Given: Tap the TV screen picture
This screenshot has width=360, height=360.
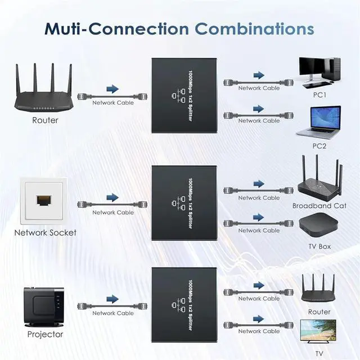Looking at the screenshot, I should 318,331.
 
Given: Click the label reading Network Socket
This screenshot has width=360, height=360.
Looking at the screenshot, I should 45,232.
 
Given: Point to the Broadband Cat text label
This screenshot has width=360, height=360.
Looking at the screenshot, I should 319,206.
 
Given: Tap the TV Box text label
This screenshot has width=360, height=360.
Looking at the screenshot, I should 319,246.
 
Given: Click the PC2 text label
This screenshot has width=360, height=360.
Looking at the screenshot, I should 319,146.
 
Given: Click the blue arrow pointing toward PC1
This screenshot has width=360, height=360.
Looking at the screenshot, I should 258,75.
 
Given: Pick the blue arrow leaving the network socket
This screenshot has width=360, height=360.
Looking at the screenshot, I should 112,197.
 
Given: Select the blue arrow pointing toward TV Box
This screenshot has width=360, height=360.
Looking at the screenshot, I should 258,217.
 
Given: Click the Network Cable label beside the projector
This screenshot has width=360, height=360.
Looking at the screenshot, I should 112,313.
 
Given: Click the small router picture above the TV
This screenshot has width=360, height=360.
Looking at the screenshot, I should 318,288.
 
